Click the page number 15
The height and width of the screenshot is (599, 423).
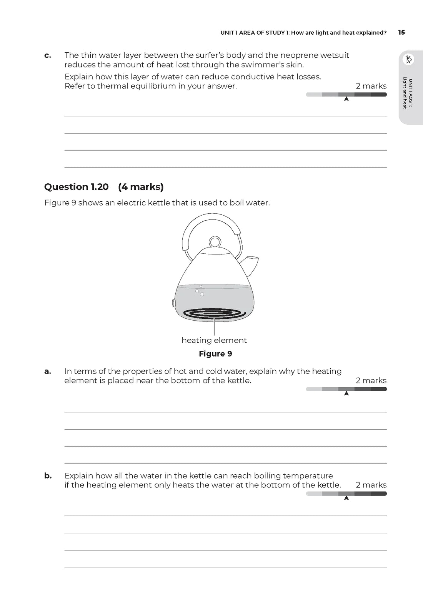pyautogui.click(x=401, y=33)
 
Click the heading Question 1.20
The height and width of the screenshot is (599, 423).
pyautogui.click(x=76, y=187)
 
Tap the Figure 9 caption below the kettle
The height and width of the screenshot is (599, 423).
pyautogui.click(x=215, y=354)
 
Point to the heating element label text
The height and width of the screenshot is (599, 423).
pyautogui.click(x=214, y=340)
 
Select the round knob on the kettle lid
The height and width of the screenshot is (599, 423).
pyautogui.click(x=215, y=243)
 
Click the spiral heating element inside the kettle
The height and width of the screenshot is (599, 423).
pyautogui.click(x=214, y=314)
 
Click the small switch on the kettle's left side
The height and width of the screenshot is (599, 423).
pyautogui.click(x=174, y=303)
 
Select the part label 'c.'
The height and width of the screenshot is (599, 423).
pyautogui.click(x=48, y=55)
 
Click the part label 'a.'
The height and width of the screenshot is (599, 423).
pyautogui.click(x=48, y=371)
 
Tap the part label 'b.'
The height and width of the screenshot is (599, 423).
pyautogui.click(x=48, y=476)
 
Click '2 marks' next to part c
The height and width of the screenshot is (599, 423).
pyautogui.click(x=371, y=86)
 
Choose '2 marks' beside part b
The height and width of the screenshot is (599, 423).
pyautogui.click(x=371, y=485)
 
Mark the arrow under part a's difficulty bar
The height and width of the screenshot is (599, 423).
pyautogui.click(x=346, y=393)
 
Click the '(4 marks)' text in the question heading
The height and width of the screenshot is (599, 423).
pyautogui.click(x=141, y=187)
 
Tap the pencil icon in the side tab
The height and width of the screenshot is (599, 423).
pyautogui.click(x=408, y=59)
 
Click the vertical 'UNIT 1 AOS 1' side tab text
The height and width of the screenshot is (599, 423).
pyautogui.click(x=408, y=93)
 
